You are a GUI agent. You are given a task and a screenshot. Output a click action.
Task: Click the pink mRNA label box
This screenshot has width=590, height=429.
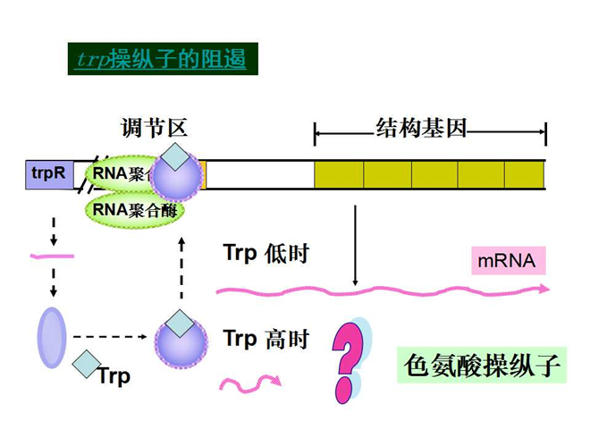click(x=507, y=261)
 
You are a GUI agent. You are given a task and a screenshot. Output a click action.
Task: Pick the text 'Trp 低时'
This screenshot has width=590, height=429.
click(x=265, y=253)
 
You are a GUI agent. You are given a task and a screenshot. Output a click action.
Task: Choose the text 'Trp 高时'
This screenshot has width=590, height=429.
click(x=265, y=338)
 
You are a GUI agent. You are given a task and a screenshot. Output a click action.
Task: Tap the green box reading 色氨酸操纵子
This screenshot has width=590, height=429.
click(x=482, y=365)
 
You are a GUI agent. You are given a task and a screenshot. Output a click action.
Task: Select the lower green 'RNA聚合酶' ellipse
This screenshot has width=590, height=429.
click(x=132, y=212)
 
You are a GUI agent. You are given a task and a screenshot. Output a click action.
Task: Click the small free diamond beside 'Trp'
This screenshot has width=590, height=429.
click(x=87, y=363)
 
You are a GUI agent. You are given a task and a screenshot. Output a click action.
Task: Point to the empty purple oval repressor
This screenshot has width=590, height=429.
click(x=52, y=338)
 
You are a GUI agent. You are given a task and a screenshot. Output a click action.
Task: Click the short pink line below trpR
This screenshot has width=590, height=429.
click(x=52, y=257)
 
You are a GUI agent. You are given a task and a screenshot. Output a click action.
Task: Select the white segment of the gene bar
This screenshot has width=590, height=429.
click(x=259, y=174)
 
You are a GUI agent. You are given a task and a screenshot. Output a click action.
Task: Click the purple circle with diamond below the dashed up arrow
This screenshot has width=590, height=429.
click(x=181, y=338)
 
